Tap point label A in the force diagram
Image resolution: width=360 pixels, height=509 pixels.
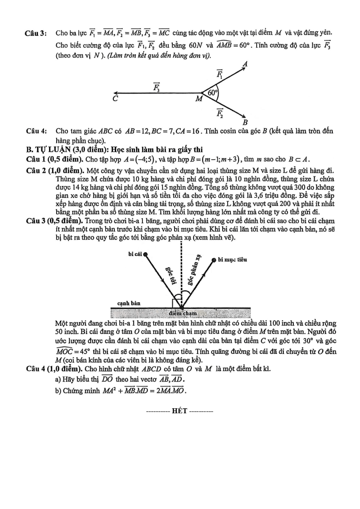pyautogui.click(x=245, y=65)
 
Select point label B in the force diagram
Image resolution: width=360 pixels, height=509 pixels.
pyautogui.click(x=245, y=122)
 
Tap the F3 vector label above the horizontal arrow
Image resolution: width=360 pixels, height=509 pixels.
pyautogui.click(x=156, y=87)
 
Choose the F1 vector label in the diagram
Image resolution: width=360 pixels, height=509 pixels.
pyautogui.click(x=219, y=74)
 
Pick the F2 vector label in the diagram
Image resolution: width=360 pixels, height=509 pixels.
pyautogui.click(x=219, y=113)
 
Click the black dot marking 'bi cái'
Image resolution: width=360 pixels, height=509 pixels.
pyautogui.click(x=145, y=254)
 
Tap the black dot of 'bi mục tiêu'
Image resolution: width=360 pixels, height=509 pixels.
pyautogui.click(x=214, y=260)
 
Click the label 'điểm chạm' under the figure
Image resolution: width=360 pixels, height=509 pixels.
pyautogui.click(x=181, y=313)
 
